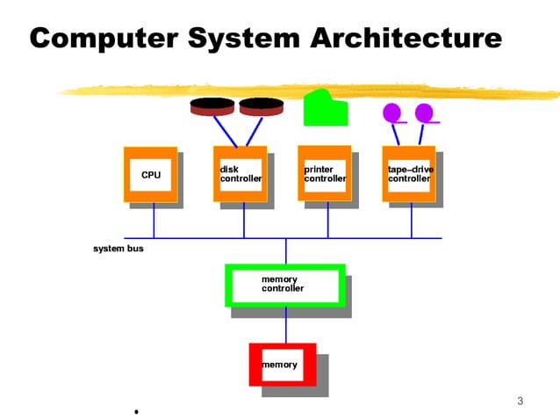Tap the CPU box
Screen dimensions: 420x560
coord(151,175)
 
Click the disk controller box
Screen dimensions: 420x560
coord(240,174)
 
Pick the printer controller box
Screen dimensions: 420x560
coord(325,174)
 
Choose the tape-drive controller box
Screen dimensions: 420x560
coord(409,174)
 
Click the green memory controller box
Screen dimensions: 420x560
coord(284,285)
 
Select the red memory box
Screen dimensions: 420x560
coord(282,365)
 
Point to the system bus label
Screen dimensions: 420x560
coord(118,249)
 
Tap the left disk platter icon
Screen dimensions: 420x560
coord(212,106)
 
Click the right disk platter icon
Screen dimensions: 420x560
coord(261,106)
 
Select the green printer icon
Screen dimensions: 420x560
coord(325,109)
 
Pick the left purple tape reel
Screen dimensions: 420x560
coord(393,112)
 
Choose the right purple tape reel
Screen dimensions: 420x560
coord(425,112)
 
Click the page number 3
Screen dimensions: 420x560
coord(520,402)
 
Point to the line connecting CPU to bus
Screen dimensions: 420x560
coord(154,221)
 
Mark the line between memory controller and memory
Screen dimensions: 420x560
coord(285,325)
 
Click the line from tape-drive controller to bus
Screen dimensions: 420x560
coord(412,221)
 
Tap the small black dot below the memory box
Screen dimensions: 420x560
coord(136,411)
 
